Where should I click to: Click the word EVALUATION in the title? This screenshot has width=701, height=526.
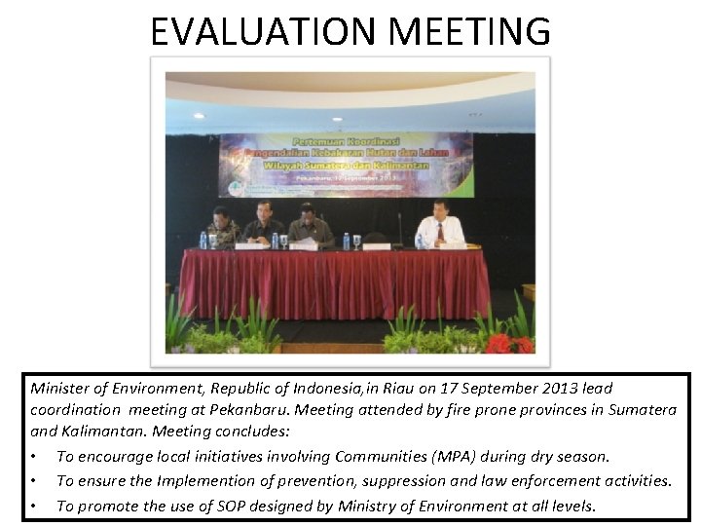[264, 31]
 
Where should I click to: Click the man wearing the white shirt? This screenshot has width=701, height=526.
[440, 226]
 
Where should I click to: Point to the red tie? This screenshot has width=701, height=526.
[440, 233]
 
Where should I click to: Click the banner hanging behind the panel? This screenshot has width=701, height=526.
[347, 165]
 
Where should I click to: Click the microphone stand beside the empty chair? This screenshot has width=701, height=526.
[399, 229]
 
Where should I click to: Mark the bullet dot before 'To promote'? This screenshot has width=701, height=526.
[35, 507]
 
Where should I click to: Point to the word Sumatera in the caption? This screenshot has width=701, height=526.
[643, 410]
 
